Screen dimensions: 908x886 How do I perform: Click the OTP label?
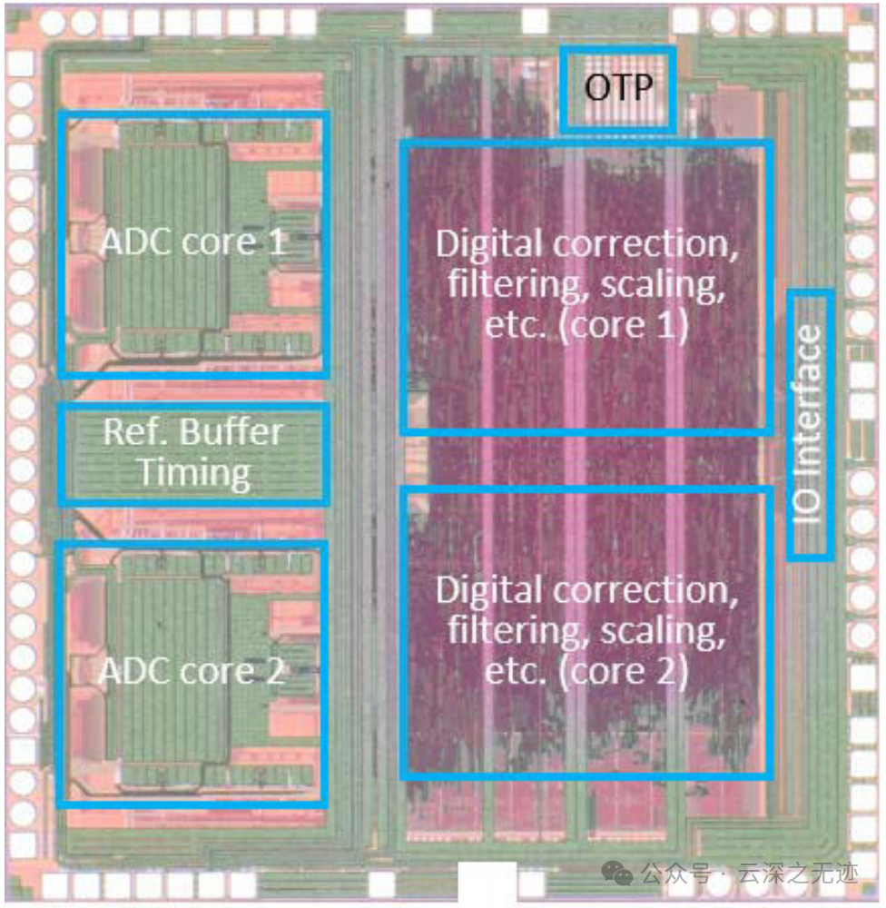(x=618, y=89)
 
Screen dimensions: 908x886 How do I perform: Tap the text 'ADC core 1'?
(x=192, y=243)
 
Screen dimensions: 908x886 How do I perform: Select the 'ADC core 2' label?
(x=192, y=673)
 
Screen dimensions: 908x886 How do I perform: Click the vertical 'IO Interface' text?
(x=810, y=423)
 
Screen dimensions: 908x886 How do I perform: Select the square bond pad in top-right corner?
(x=859, y=37)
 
